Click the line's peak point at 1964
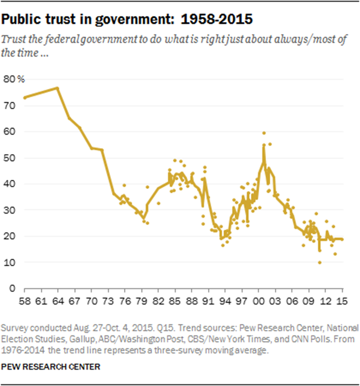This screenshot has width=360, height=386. tap(57, 88)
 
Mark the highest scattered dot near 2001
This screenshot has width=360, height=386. tap(264, 133)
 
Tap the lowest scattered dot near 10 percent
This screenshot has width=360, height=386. tap(319, 262)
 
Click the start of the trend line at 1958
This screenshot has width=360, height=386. tap(24, 98)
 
